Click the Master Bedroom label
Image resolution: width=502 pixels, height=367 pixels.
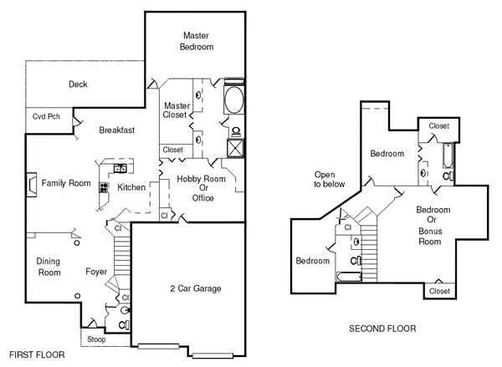pos(197,41)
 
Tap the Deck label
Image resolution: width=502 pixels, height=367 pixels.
pos(78,84)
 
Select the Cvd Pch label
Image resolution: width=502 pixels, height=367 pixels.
pos(46,116)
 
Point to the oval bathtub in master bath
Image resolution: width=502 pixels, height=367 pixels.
pos(234,99)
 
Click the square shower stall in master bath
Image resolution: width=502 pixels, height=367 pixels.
pos(235,148)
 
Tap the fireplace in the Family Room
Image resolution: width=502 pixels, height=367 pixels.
pos(32,185)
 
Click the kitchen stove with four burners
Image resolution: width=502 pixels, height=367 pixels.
pos(104,187)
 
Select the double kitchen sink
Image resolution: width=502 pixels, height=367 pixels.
pos(120,168)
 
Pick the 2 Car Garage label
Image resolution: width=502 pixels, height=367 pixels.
pos(196,288)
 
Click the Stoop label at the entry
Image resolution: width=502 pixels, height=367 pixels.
pos(96,339)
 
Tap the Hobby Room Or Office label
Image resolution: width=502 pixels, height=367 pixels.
pos(202,188)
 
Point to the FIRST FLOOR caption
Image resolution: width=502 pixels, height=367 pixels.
pos(37,354)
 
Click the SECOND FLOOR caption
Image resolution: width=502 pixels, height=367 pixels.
pos(382,329)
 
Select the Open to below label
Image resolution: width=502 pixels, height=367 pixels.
pos(329,180)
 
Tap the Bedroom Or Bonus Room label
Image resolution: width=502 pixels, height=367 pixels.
pos(433,226)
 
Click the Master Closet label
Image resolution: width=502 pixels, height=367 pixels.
pos(177,110)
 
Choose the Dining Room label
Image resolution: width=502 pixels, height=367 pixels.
pos(49,267)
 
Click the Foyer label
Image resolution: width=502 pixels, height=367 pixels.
pos(96,272)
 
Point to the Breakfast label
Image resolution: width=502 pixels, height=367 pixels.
pos(117,130)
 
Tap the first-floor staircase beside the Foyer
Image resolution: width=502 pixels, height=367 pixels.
pos(122,255)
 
